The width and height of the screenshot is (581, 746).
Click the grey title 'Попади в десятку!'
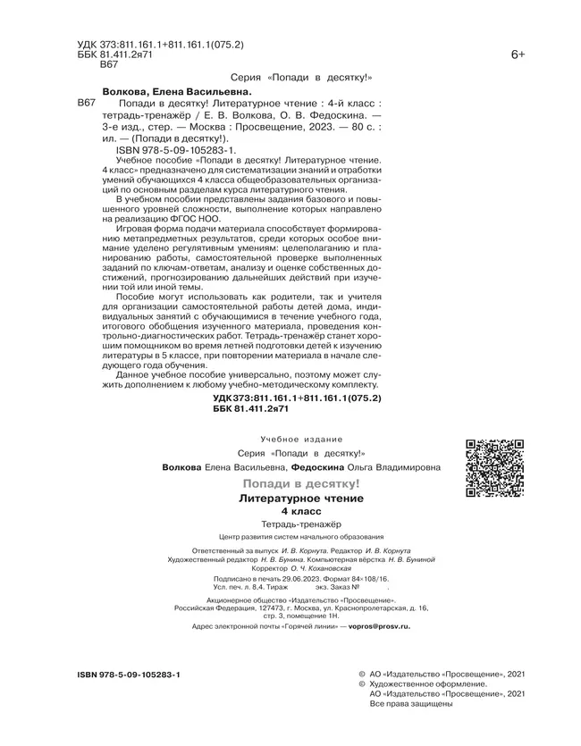[x=307, y=483]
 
